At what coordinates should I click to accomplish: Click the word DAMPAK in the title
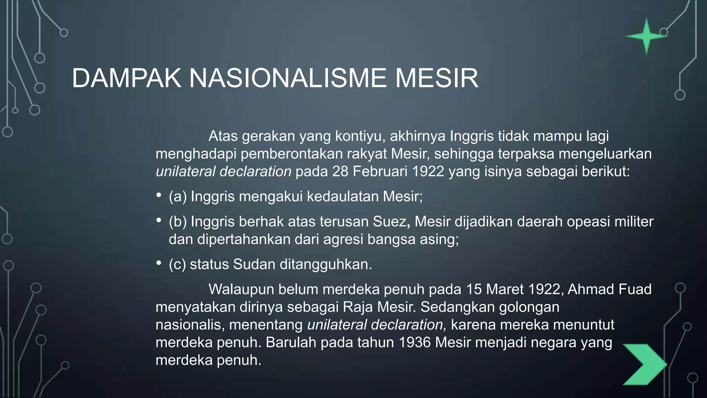126,78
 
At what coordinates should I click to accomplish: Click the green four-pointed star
647,36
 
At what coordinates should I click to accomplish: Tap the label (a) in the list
177,196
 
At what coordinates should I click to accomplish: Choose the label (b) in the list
177,221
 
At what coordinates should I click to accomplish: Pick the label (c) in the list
177,264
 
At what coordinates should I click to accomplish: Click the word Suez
391,221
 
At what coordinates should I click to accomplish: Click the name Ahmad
589,289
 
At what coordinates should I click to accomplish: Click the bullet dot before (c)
159,263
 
